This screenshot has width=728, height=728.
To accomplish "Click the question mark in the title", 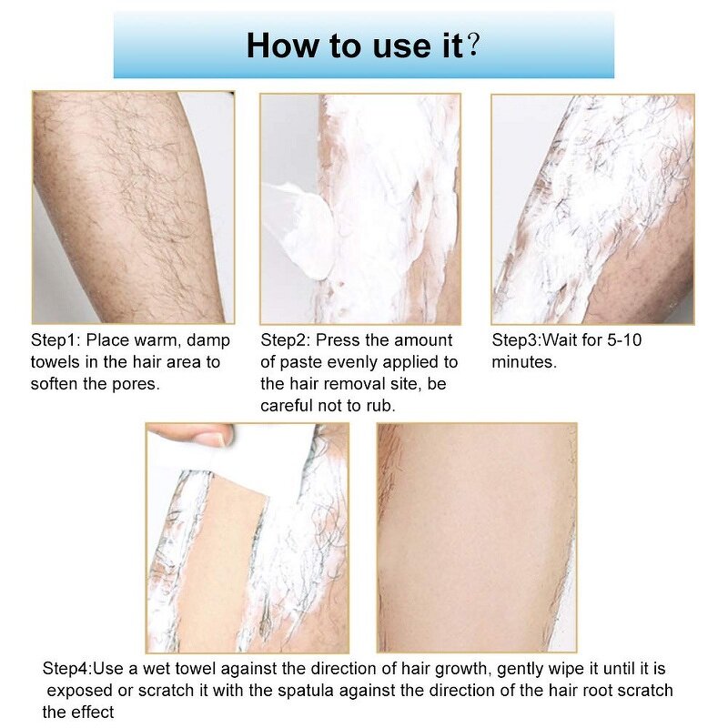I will tap(473, 45).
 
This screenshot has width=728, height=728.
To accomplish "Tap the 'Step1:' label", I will tap(56, 340).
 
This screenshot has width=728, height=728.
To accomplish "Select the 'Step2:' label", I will tap(286, 340).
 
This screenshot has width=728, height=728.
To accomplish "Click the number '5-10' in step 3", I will tap(632, 340).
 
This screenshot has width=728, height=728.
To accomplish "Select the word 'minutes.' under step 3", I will tap(524, 362).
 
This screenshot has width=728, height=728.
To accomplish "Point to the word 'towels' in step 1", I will tap(56, 362).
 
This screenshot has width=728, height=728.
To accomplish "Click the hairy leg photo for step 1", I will tap(133, 207).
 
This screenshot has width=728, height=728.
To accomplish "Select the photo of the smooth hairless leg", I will tap(476, 525).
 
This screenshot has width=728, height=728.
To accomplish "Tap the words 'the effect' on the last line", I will tap(78, 713).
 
